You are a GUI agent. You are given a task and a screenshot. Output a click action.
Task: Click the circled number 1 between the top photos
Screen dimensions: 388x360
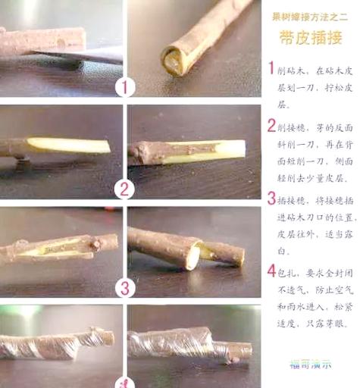point(125,87)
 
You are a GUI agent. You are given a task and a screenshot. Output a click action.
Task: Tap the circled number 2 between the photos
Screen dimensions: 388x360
point(125,188)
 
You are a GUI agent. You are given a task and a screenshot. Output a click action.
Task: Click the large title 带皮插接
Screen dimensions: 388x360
point(311,39)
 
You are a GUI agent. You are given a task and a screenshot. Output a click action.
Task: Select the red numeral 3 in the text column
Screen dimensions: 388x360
point(271,199)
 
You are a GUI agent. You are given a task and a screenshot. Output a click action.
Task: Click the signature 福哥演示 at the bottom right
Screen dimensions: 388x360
point(310,363)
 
